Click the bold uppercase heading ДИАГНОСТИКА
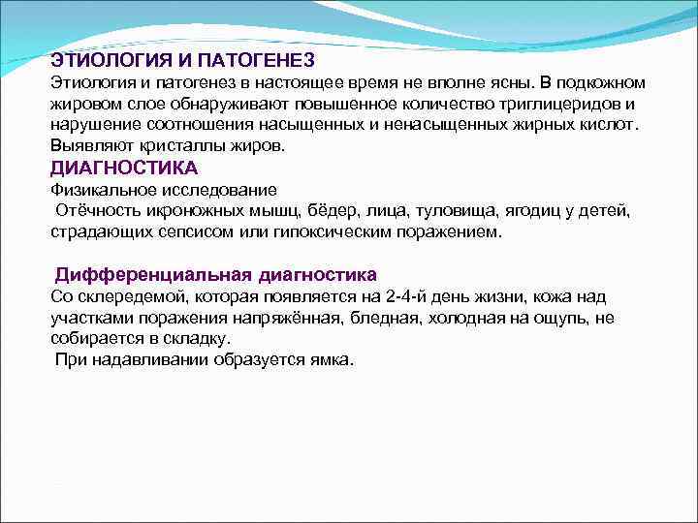115,168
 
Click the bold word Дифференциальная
151,275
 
